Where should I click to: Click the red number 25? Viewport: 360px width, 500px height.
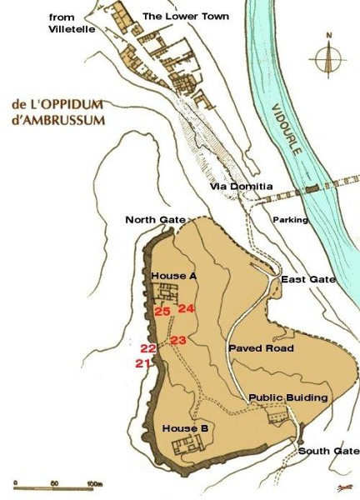pos(162,311)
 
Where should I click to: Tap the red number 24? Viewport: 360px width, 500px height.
pos(186,308)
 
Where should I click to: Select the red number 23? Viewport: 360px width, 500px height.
pos(178,339)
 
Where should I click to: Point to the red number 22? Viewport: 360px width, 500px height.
pos(148,348)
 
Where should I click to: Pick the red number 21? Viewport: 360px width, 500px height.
pos(142,362)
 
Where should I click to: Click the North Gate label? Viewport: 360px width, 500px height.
pos(155,219)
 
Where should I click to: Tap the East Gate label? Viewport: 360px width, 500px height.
pos(308,279)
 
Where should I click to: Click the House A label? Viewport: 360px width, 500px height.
pos(174,275)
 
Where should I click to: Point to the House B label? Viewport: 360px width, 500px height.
pos(185,428)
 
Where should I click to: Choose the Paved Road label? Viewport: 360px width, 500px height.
pos(260,348)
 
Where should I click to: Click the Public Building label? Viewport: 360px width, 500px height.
pos(288,397)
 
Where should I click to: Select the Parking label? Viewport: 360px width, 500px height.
pos(291,220)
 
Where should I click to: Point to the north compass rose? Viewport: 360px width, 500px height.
pos(330,58)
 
